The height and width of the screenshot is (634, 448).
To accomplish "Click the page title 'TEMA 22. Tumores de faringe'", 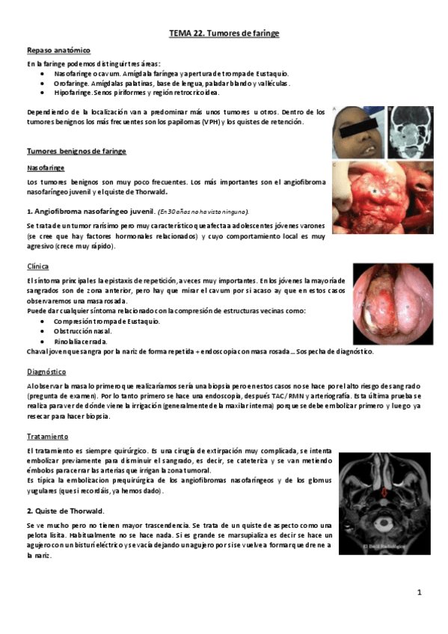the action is click(x=224, y=34).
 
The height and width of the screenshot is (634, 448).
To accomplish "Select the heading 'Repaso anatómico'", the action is click(x=58, y=50).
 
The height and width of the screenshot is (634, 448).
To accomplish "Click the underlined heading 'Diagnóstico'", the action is click(x=46, y=372).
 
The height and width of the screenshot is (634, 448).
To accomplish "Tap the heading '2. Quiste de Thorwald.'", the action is click(x=67, y=511).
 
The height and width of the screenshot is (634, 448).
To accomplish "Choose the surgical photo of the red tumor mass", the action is click(x=382, y=197).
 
